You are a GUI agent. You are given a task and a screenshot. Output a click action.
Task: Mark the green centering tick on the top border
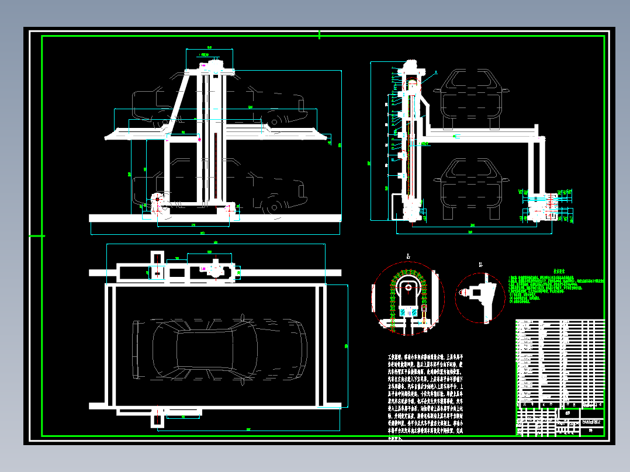coord(319,35)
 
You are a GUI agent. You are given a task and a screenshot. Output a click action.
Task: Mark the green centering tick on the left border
coord(37,235)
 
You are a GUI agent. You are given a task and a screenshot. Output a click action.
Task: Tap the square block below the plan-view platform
coord(157,419)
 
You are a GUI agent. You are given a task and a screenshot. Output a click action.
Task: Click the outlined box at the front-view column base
coord(397,207)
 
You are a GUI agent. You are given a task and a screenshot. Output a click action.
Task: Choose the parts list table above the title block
coord(559,362)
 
